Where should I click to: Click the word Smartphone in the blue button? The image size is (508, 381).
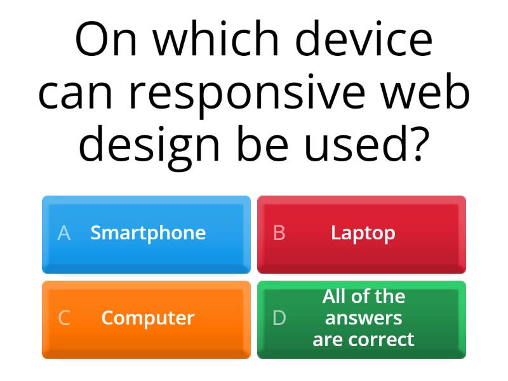(148, 233)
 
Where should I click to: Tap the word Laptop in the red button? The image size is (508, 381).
(363, 233)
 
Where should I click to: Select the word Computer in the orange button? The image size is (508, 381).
(147, 317)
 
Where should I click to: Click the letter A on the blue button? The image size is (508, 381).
(63, 233)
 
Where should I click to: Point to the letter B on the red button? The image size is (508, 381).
(279, 233)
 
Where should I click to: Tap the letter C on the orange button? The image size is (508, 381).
(63, 317)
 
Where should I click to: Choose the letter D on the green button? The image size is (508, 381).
(279, 317)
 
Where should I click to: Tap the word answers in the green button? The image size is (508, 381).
(363, 317)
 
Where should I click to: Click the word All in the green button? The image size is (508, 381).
(336, 296)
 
